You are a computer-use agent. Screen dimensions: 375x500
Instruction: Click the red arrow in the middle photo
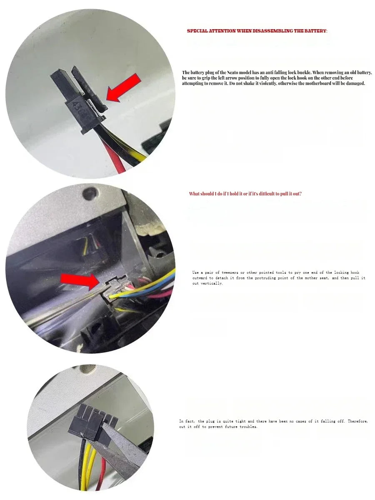(x=80, y=281)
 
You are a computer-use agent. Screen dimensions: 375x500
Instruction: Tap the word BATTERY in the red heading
(x=315, y=31)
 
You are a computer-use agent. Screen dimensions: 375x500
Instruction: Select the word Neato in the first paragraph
(x=232, y=72)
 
